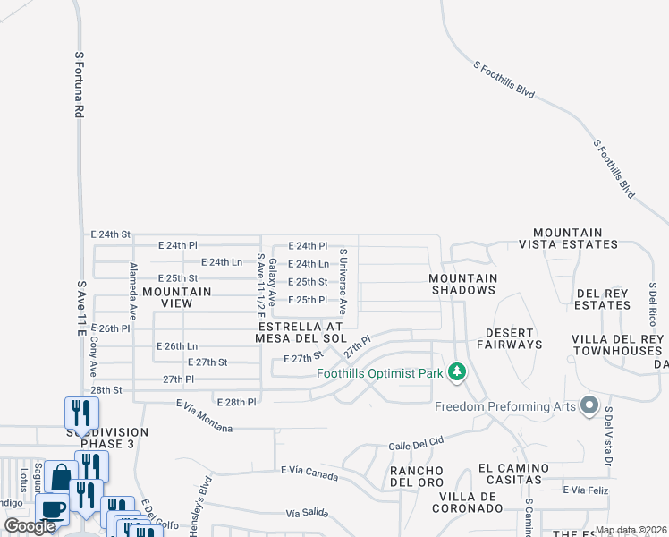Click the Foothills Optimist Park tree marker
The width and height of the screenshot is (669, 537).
[457, 371]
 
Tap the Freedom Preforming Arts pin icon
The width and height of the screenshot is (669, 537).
[589, 406]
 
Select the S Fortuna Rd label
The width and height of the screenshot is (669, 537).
[80, 84]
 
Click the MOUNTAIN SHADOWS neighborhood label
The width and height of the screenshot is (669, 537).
[463, 284]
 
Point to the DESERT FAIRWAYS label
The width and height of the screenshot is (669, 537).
[509, 337]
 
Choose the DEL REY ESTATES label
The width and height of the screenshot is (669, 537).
[603, 299]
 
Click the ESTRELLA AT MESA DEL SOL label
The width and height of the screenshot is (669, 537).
[300, 332]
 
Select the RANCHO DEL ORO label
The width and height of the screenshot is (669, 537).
[417, 477]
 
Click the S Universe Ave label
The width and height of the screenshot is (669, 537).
[342, 281]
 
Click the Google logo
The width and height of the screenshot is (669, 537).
[30, 526]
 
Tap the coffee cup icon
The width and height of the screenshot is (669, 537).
[52, 510]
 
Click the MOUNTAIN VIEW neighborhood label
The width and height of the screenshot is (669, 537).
[177, 297]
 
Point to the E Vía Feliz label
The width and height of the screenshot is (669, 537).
[587, 490]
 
